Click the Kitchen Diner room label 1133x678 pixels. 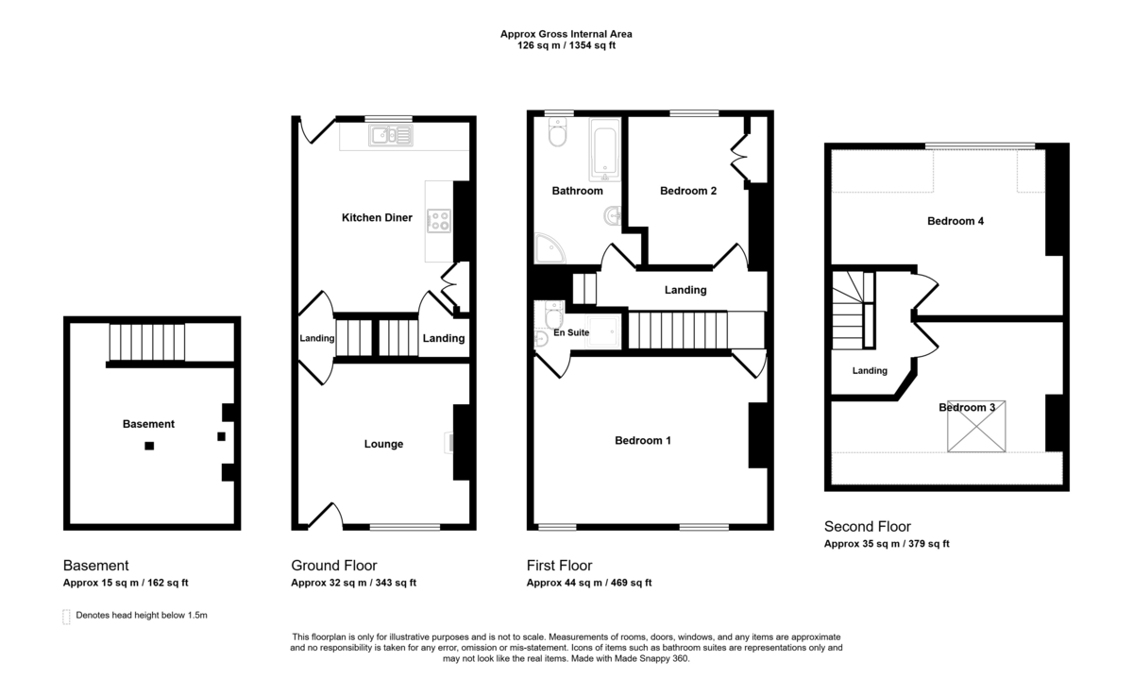[377, 217]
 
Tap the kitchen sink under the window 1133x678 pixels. [391, 136]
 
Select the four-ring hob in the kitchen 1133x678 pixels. [438, 221]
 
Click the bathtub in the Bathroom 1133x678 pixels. [605, 150]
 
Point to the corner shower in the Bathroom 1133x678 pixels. [550, 248]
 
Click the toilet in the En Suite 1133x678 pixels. [554, 314]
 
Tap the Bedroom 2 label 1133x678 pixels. [688, 191]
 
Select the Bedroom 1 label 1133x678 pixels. [643, 441]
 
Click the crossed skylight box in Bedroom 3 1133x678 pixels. [976, 427]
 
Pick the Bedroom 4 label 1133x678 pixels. [955, 221]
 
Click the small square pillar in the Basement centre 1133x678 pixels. [149, 446]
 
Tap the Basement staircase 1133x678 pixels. [147, 342]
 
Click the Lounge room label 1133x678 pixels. [383, 444]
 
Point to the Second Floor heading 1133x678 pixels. [868, 527]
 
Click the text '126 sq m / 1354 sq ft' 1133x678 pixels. [566, 45]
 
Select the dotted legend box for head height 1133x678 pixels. [66, 617]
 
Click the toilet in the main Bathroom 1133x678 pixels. [557, 132]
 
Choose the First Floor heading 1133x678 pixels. [559, 566]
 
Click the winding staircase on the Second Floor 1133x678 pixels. [854, 310]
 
